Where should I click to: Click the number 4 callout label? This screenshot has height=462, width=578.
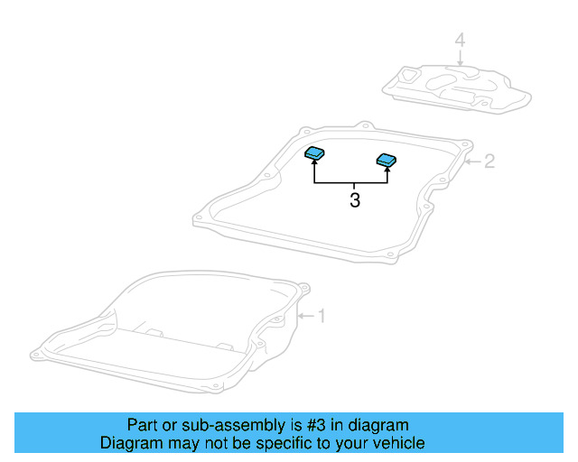point(460,41)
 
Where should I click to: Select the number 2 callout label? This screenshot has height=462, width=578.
point(489,162)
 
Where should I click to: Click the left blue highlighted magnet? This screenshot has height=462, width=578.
point(314,153)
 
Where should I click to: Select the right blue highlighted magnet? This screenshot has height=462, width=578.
point(387,161)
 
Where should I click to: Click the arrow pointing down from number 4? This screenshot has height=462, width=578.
point(460,58)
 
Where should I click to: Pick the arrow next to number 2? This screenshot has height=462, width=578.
point(473,162)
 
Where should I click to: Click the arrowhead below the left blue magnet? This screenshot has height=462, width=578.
point(314,165)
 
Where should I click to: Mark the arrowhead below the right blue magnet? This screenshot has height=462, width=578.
point(387,171)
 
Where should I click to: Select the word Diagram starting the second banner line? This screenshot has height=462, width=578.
point(129,443)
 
